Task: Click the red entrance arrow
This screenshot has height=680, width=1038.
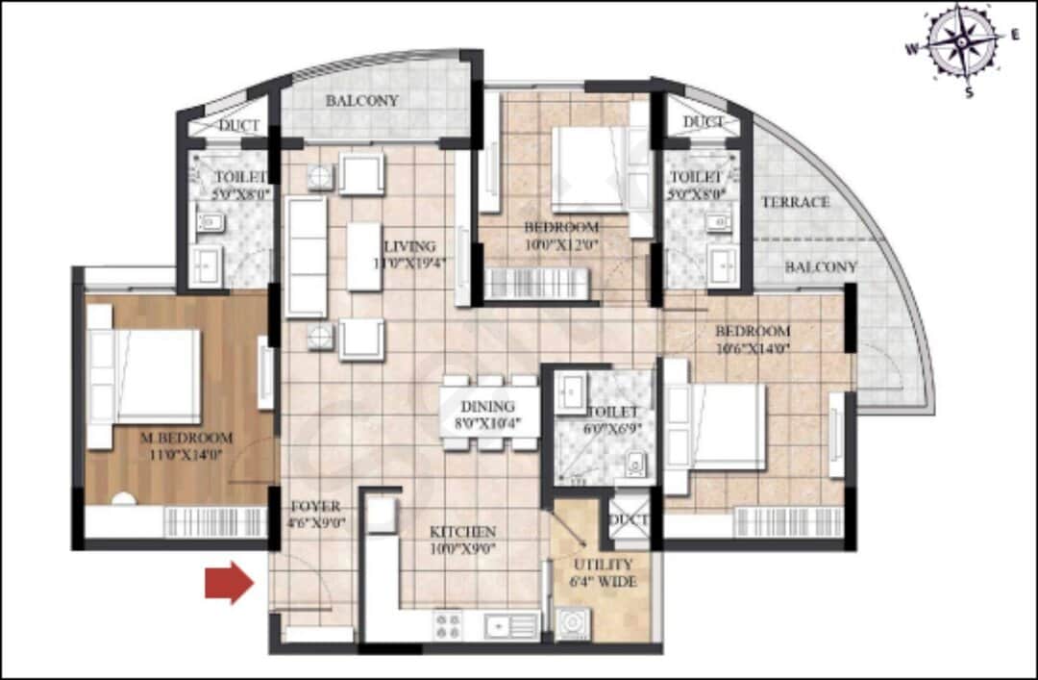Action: click(229, 583)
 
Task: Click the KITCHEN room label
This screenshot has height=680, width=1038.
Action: click(462, 531)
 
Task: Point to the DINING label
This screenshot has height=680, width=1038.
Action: click(487, 406)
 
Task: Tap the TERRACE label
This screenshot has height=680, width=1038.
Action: click(795, 202)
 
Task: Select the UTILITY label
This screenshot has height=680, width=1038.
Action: click(603, 565)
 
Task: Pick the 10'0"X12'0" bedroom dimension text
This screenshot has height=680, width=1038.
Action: click(562, 244)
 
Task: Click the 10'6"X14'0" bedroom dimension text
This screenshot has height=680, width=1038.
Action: click(753, 348)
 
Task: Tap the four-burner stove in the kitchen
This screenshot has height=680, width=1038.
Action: click(448, 625)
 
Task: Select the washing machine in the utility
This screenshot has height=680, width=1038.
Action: click(573, 624)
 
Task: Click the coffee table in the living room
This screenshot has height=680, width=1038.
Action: click(364, 256)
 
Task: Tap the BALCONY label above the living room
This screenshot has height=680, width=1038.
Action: click(361, 101)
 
